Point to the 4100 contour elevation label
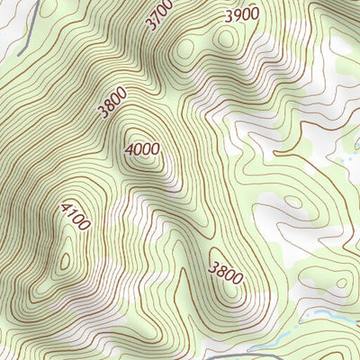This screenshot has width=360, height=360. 75,216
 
